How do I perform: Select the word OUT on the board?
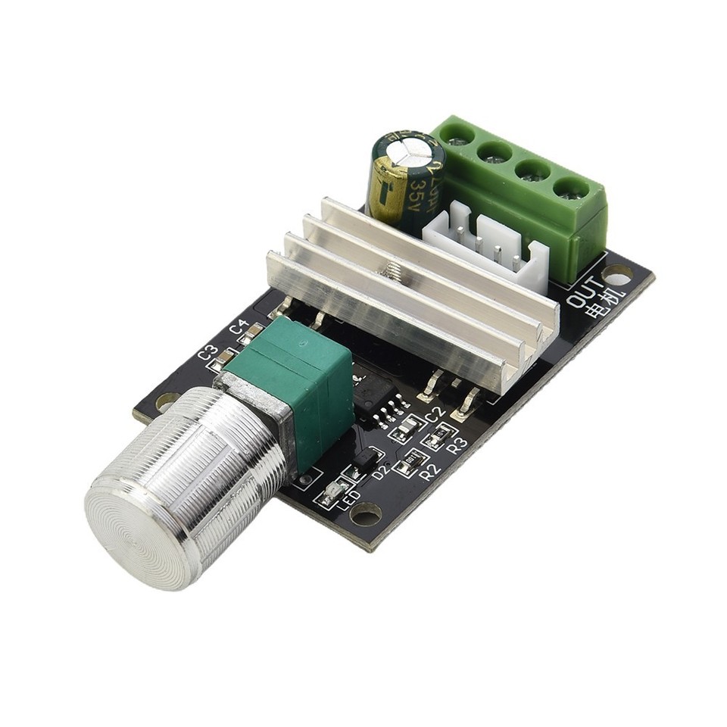[x=584, y=292]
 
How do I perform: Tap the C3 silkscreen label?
[x=207, y=353]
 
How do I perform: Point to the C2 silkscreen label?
[x=434, y=414]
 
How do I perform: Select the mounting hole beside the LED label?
[x=366, y=515]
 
